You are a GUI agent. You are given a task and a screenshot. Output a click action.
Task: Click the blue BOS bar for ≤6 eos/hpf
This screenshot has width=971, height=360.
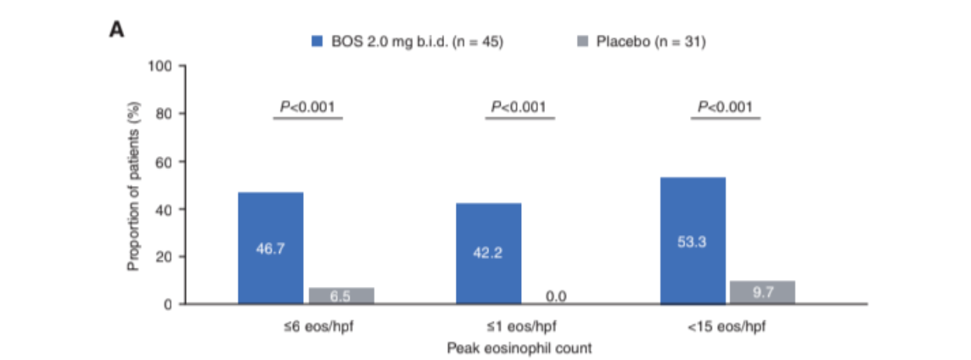[270, 248]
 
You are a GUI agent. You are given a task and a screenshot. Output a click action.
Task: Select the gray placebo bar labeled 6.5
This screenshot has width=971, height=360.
[341, 295]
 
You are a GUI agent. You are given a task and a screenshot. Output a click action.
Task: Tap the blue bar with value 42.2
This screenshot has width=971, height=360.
[489, 253]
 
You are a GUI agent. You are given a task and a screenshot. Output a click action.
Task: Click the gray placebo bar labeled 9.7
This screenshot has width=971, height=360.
[762, 293]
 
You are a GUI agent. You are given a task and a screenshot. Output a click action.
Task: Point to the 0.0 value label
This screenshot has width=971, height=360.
[558, 296]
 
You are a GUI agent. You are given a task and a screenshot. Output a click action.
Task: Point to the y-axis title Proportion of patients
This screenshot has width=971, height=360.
[132, 186]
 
